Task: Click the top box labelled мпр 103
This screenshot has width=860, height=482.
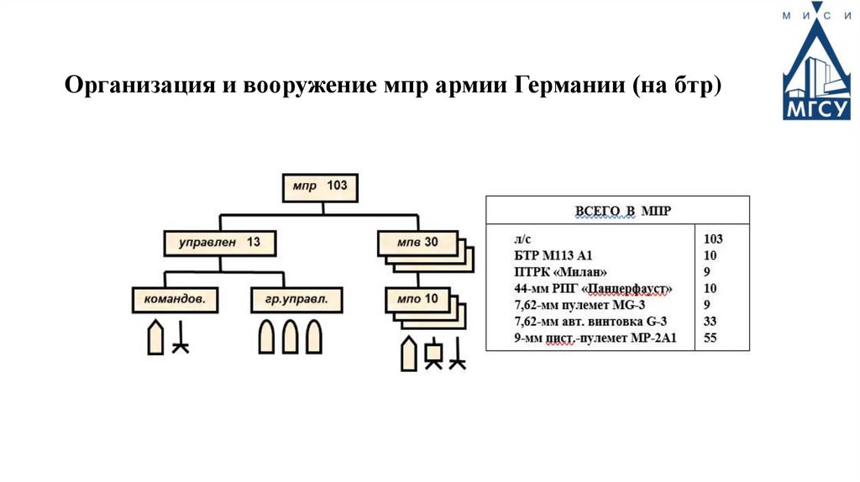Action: (x=318, y=186)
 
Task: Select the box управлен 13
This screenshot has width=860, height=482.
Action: (x=220, y=243)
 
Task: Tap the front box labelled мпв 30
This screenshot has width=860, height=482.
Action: (x=418, y=243)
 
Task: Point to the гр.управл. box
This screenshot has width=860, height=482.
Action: (x=290, y=299)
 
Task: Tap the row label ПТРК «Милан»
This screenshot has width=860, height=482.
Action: (x=559, y=272)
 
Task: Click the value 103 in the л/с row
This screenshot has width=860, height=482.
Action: (x=712, y=238)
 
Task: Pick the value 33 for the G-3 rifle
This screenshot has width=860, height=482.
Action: (x=710, y=322)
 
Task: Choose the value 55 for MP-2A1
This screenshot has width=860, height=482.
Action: (x=710, y=338)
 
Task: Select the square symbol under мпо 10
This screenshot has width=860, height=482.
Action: (x=433, y=354)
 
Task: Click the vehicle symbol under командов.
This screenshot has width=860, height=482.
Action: (x=155, y=338)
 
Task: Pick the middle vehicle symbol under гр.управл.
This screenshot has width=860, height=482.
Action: (x=290, y=338)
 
